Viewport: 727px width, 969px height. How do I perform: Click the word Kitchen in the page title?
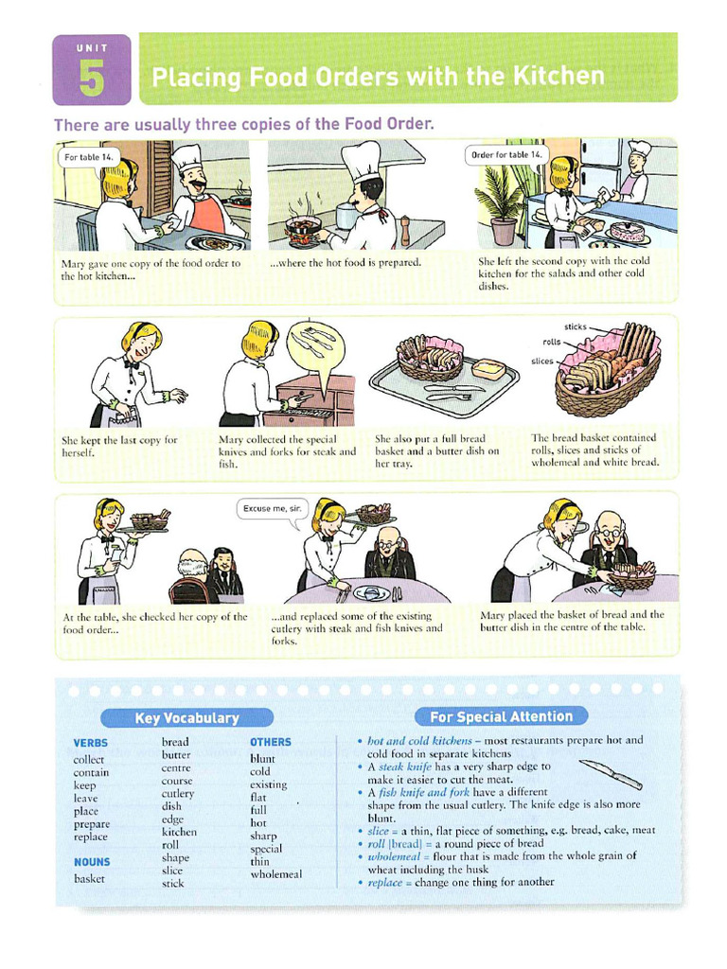pyautogui.click(x=558, y=75)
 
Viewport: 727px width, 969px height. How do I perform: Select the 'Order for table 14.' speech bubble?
pyautogui.click(x=506, y=154)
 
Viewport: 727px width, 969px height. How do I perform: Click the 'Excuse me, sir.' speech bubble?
pyautogui.click(x=271, y=508)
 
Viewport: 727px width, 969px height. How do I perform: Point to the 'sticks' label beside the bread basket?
pyautogui.click(x=575, y=326)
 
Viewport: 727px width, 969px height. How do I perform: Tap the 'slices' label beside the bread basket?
pyautogui.click(x=542, y=361)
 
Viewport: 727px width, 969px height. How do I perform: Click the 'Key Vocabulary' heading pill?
pyautogui.click(x=186, y=718)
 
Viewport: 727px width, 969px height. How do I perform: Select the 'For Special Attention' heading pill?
pyautogui.click(x=501, y=716)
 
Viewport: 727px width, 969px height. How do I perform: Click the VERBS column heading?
pyautogui.click(x=91, y=744)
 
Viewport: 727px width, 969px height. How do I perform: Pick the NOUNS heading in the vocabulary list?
pyautogui.click(x=92, y=862)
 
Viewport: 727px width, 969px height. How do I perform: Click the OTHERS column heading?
pyautogui.click(x=271, y=742)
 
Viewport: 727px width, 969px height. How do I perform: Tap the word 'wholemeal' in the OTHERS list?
pyautogui.click(x=275, y=874)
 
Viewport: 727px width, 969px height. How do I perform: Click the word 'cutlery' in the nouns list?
pyautogui.click(x=178, y=794)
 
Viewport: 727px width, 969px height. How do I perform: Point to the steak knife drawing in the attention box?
pyautogui.click(x=611, y=773)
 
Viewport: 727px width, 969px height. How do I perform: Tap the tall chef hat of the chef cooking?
pyautogui.click(x=361, y=161)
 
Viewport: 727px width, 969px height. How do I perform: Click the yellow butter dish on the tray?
pyautogui.click(x=488, y=369)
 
